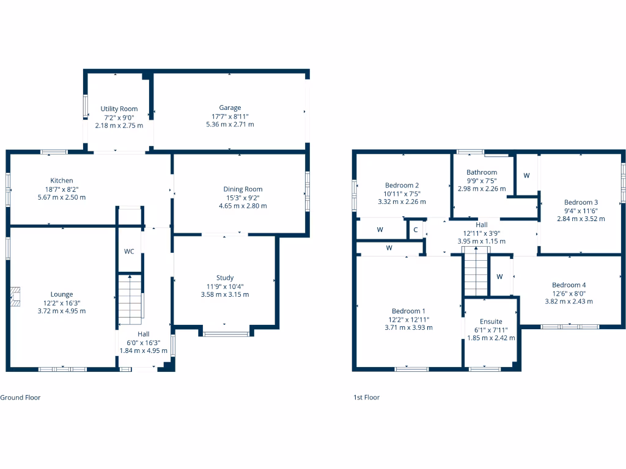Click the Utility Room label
[x=119, y=109]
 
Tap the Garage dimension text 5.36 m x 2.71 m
[x=230, y=124]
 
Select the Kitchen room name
[x=62, y=180]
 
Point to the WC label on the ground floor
[x=129, y=251]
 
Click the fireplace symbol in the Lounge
[x=15, y=296]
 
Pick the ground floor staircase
[x=130, y=299]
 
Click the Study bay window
[x=226, y=333]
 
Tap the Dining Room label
[x=243, y=189]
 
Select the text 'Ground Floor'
[x=20, y=398]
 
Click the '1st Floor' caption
[x=366, y=398]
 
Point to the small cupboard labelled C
[x=416, y=230]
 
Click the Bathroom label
[x=482, y=172]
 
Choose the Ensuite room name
[x=491, y=321]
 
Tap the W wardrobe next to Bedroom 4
[x=499, y=277]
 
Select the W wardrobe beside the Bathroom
[x=526, y=175]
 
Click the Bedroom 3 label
[x=581, y=202]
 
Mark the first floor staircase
[x=475, y=274]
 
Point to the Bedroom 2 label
[x=402, y=185]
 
